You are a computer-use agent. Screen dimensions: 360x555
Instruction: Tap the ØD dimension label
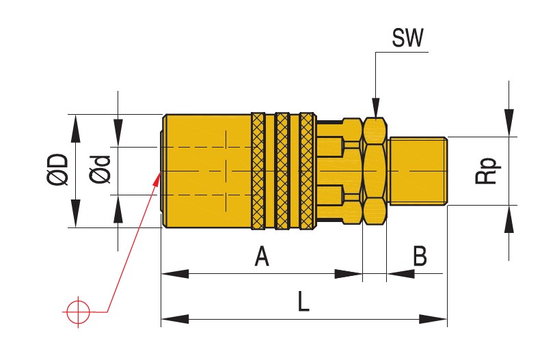pos(57,170)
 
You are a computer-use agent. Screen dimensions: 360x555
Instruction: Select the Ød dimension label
pos(100,170)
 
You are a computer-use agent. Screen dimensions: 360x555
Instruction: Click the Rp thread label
pos(487,170)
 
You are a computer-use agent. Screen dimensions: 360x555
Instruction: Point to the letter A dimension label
pos(261,257)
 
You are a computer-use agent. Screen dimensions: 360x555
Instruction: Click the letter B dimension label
pos(420,257)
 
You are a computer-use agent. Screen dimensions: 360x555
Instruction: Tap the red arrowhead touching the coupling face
pos(156,180)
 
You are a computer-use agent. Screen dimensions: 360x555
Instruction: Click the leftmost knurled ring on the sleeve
pos(258,170)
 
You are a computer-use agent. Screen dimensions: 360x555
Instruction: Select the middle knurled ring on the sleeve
pos(282,170)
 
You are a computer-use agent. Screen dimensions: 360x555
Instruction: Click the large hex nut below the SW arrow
pos(374,170)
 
